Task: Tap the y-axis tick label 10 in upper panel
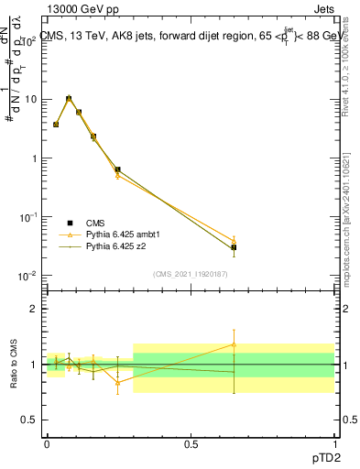click(30, 99)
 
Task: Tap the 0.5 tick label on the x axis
click(190, 442)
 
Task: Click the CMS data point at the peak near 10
click(69, 98)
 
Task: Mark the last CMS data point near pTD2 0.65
click(235, 247)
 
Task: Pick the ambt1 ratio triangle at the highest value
click(235, 344)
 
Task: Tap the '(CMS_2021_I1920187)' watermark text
click(191, 273)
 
